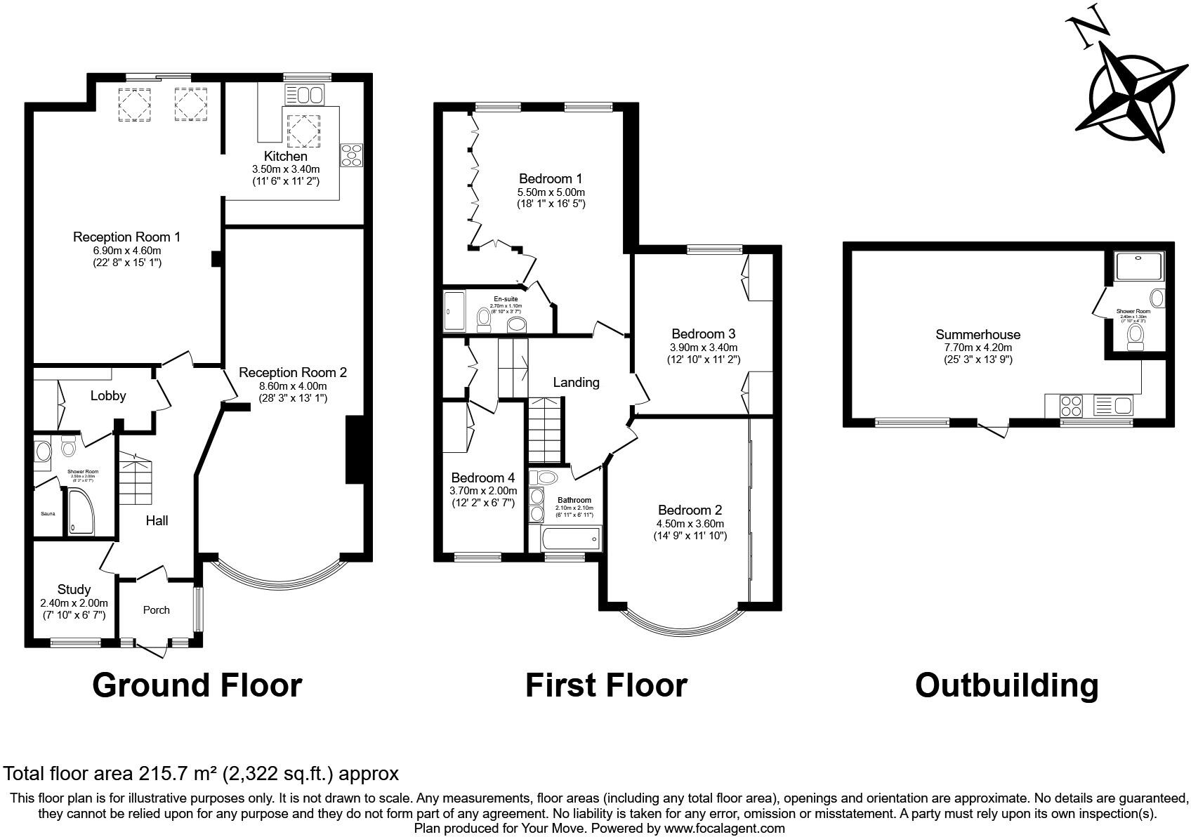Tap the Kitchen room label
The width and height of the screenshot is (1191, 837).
coord(286,156)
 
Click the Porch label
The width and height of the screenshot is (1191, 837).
coord(156,609)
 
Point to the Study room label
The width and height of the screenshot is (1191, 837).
coord(74,589)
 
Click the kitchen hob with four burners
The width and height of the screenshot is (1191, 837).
coord(352,155)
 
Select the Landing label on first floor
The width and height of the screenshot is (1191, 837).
coord(576,382)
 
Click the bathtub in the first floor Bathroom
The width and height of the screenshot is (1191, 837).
coord(570,539)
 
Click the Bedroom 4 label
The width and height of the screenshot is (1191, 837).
coord(478,477)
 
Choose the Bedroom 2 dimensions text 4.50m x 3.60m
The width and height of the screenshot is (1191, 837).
coord(690,523)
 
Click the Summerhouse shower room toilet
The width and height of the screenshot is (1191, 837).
coord(1136,337)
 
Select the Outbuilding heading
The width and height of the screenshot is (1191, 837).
coord(1006,685)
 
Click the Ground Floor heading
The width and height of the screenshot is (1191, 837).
coord(197,685)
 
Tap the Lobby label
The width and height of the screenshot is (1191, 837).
coord(108,395)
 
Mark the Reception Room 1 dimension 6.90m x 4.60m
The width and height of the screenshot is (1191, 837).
coord(117,250)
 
